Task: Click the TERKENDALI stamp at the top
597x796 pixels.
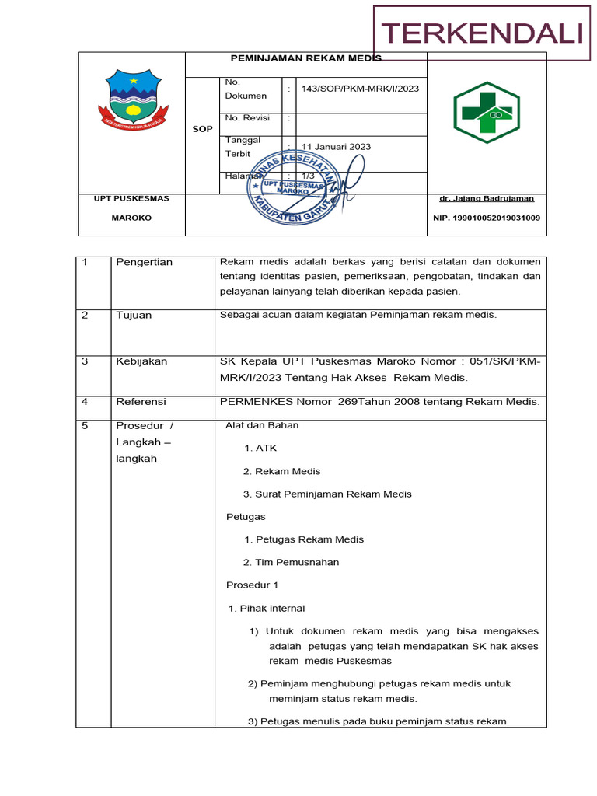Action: [482, 33]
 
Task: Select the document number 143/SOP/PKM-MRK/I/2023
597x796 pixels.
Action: [360, 89]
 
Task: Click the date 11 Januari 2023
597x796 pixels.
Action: [336, 147]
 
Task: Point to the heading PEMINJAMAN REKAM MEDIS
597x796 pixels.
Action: [306, 58]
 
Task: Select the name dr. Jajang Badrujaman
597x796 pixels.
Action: [487, 198]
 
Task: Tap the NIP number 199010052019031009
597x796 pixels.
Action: [487, 218]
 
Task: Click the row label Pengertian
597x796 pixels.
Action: [144, 263]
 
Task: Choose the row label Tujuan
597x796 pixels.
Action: [134, 316]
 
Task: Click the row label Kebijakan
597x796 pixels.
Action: [141, 361]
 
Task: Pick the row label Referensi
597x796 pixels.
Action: [141, 402]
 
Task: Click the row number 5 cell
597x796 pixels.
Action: [85, 426]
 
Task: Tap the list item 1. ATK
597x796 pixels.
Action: [260, 449]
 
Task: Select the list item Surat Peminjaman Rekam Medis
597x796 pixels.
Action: [327, 494]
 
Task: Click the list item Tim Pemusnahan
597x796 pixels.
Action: [291, 563]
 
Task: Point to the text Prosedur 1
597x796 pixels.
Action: [251, 585]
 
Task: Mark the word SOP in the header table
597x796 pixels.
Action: [202, 129]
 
